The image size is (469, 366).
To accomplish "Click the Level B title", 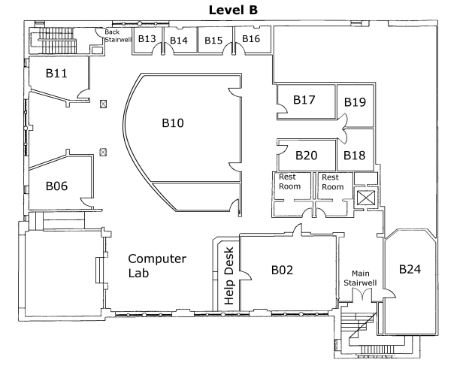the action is click(x=233, y=10).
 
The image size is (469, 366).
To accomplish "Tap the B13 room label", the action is click(x=147, y=38).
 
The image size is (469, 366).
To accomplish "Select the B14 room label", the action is click(x=179, y=41).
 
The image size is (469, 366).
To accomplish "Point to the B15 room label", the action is click(x=213, y=41).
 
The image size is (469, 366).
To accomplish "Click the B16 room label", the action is click(x=251, y=38).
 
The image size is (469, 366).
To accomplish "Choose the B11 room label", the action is click(x=56, y=73).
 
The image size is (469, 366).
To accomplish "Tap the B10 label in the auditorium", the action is click(x=173, y=123).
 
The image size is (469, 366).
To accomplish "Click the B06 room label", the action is click(x=56, y=186).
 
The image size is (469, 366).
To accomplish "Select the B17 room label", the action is click(x=304, y=100).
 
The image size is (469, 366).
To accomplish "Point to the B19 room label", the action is click(x=355, y=102).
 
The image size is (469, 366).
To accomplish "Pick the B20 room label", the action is click(x=307, y=156).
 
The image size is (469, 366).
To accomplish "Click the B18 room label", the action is click(x=355, y=156).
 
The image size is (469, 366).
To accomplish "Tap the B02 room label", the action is click(x=282, y=270).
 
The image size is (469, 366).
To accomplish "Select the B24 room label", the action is click(x=410, y=269).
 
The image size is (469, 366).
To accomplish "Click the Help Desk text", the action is click(x=228, y=276).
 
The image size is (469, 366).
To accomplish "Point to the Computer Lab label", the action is click(x=157, y=266).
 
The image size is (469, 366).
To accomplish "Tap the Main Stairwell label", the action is click(x=360, y=278).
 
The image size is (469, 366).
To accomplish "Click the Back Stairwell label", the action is click(x=117, y=35).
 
